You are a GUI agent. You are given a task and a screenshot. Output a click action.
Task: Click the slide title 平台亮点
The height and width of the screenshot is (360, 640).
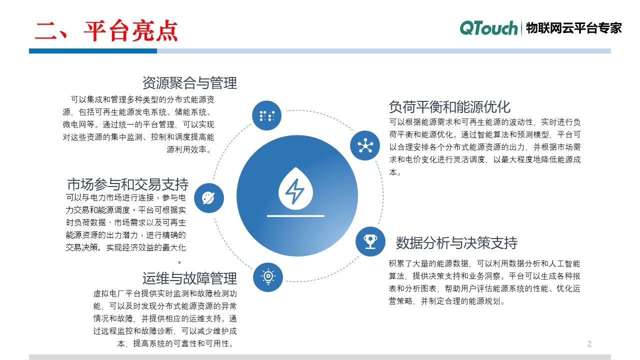coord(106,31)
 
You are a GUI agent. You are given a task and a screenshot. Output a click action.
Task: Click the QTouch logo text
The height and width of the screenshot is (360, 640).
coord(488,28)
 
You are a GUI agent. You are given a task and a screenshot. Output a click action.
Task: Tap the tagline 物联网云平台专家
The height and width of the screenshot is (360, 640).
coord(573,28)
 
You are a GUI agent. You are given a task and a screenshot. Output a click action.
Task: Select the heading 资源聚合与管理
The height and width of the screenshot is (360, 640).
coord(189,82)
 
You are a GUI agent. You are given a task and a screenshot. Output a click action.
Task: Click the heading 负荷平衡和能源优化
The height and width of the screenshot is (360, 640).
coord(449,107)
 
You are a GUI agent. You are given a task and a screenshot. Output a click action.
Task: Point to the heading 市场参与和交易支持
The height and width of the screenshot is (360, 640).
coord(127,183)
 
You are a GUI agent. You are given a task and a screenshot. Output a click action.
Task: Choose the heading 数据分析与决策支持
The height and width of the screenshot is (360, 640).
coord(456,243)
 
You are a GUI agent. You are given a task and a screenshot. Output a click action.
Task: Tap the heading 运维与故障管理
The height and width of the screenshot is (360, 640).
coord(189,278)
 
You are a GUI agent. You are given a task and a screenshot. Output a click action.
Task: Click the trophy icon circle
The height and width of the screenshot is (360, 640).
coord(370,241)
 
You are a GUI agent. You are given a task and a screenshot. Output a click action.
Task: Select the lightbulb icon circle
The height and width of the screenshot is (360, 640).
coord(268,276)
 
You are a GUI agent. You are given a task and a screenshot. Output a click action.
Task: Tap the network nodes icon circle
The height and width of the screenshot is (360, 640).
coord(365,145)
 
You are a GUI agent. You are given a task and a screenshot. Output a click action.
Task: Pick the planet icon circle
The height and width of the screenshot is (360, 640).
coord(208,197)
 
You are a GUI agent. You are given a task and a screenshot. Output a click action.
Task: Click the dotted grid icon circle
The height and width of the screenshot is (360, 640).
coord(266,115)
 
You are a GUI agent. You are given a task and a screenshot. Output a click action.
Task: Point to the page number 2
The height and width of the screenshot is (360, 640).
coord(589,344)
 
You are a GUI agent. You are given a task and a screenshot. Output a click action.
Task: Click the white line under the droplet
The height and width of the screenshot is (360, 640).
coord(295,216)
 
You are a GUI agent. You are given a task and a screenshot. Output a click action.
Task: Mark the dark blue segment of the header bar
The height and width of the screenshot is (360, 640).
coord(93,51)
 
